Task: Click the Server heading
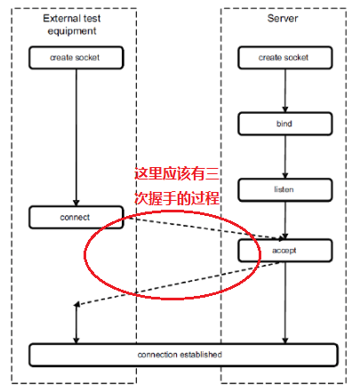pyautogui.click(x=282, y=18)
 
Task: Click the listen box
pyautogui.click(x=283, y=189)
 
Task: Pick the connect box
pyautogui.click(x=76, y=216)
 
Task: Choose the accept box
pyautogui.click(x=283, y=251)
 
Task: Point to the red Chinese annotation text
pyautogui.click(x=176, y=186)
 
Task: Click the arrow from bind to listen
pyautogui.click(x=284, y=156)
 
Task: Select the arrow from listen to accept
pyautogui.click(x=284, y=219)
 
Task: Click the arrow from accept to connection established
pyautogui.click(x=284, y=302)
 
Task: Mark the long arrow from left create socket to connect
pyautogui.click(x=76, y=133)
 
